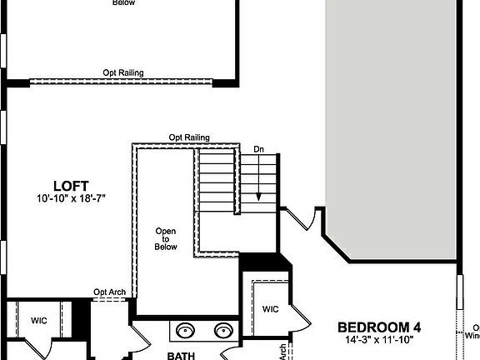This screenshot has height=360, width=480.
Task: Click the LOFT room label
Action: click(71, 186)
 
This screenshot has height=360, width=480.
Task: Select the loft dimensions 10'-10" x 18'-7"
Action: click(71, 199)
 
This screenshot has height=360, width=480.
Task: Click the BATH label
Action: click(181, 355)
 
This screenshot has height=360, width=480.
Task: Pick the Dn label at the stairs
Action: click(259, 149)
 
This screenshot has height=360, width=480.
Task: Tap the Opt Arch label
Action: click(110, 292)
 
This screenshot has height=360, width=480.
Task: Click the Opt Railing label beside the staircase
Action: click(188, 137)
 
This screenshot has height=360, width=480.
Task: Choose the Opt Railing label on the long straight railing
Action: click(123, 73)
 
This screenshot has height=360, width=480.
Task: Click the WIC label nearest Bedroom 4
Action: click(270, 309)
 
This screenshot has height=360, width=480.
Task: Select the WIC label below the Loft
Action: click(39, 320)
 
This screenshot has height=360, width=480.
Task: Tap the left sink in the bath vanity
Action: click(184, 331)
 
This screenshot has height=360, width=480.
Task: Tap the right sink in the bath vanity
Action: click(223, 331)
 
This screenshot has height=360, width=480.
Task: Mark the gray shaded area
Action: click(392, 125)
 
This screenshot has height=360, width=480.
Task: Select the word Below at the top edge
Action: click(123, 3)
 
